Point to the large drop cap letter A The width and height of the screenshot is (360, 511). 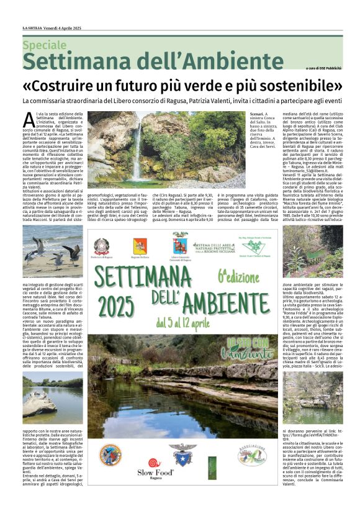(29, 119)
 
